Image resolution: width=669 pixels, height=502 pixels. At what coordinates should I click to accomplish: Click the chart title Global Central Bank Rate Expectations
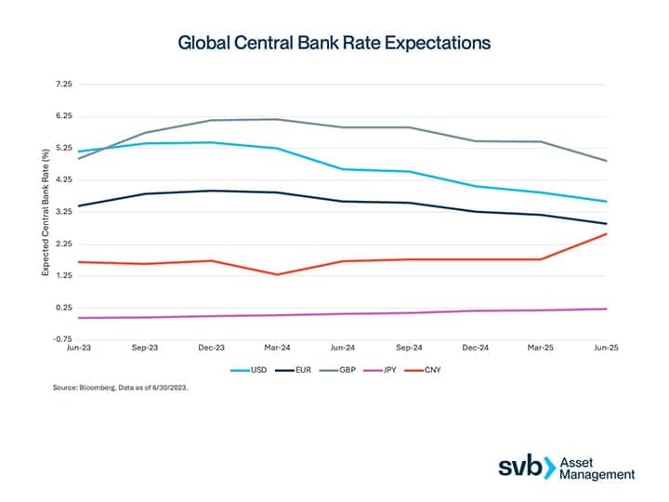coord(334,43)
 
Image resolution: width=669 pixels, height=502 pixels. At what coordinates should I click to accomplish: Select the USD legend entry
coord(259,370)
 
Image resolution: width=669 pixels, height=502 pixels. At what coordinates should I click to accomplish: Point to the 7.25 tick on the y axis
coord(64,85)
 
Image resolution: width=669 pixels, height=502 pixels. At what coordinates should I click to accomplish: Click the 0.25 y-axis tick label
coord(64,308)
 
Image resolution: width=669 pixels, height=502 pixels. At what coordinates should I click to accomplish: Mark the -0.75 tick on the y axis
coord(63,339)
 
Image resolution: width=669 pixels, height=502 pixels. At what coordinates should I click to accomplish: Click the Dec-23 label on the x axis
coord(212,347)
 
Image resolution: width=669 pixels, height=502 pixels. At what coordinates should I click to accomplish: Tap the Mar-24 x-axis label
coord(278,347)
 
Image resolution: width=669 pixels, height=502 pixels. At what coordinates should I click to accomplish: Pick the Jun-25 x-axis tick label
coord(606,347)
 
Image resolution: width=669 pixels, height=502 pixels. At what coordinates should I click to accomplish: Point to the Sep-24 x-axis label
coord(410,347)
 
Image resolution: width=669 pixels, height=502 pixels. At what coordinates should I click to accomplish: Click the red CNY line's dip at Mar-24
coord(278,274)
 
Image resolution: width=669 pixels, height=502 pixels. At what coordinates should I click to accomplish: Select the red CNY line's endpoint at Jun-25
coord(606,233)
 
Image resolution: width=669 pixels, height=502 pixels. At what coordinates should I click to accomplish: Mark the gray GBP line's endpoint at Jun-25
coord(606,161)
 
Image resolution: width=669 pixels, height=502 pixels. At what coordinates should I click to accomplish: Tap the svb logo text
coord(523,467)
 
